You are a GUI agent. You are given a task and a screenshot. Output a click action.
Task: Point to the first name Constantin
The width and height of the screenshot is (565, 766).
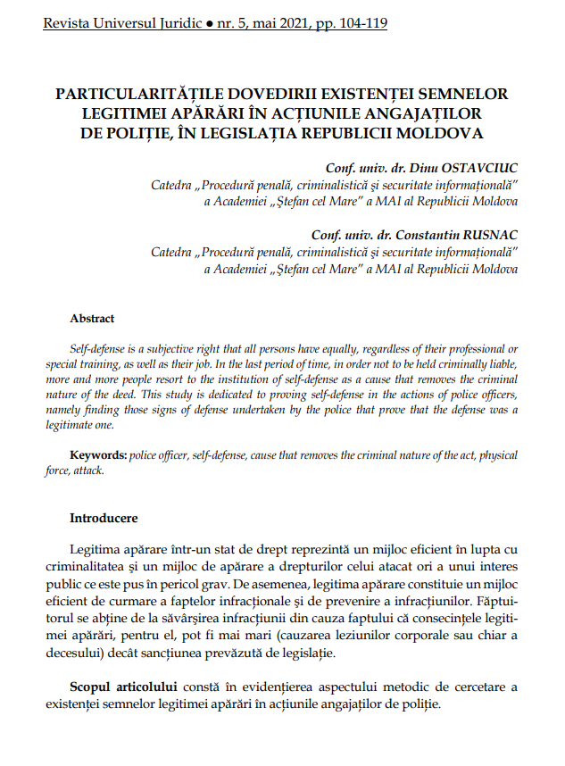click(x=407, y=235)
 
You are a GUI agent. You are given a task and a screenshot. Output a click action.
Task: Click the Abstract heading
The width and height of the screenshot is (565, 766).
click(x=93, y=318)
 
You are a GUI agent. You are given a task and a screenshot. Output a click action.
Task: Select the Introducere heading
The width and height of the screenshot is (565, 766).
click(x=104, y=518)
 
